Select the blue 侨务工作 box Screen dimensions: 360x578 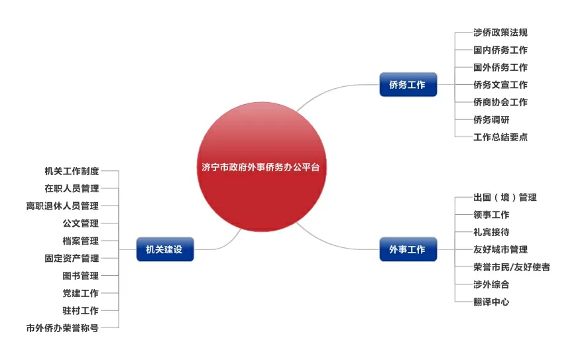[x=408, y=84]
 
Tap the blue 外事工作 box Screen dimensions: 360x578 [x=408, y=249]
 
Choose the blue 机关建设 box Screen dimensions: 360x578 [x=164, y=249]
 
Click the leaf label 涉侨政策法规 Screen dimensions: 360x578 [x=500, y=32]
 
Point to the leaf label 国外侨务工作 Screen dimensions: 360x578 [x=500, y=68]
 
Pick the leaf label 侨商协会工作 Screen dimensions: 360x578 [x=500, y=102]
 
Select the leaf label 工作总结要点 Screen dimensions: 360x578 [x=500, y=137]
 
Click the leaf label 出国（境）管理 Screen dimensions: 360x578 [x=504, y=198]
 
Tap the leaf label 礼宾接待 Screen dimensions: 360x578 [x=491, y=232]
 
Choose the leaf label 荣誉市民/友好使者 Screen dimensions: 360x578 [x=511, y=267]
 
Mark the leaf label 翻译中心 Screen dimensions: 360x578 [x=491, y=302]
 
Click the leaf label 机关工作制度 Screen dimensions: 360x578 [x=72, y=171]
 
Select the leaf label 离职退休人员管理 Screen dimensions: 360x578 [x=62, y=206]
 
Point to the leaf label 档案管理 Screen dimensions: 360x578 [x=80, y=241]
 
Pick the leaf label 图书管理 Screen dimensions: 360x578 [x=80, y=276]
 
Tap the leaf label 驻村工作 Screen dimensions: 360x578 [x=80, y=310]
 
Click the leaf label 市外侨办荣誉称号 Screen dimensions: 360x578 [x=62, y=328]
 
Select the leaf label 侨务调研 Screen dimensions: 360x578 [x=491, y=120]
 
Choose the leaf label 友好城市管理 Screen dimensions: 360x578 [x=500, y=250]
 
